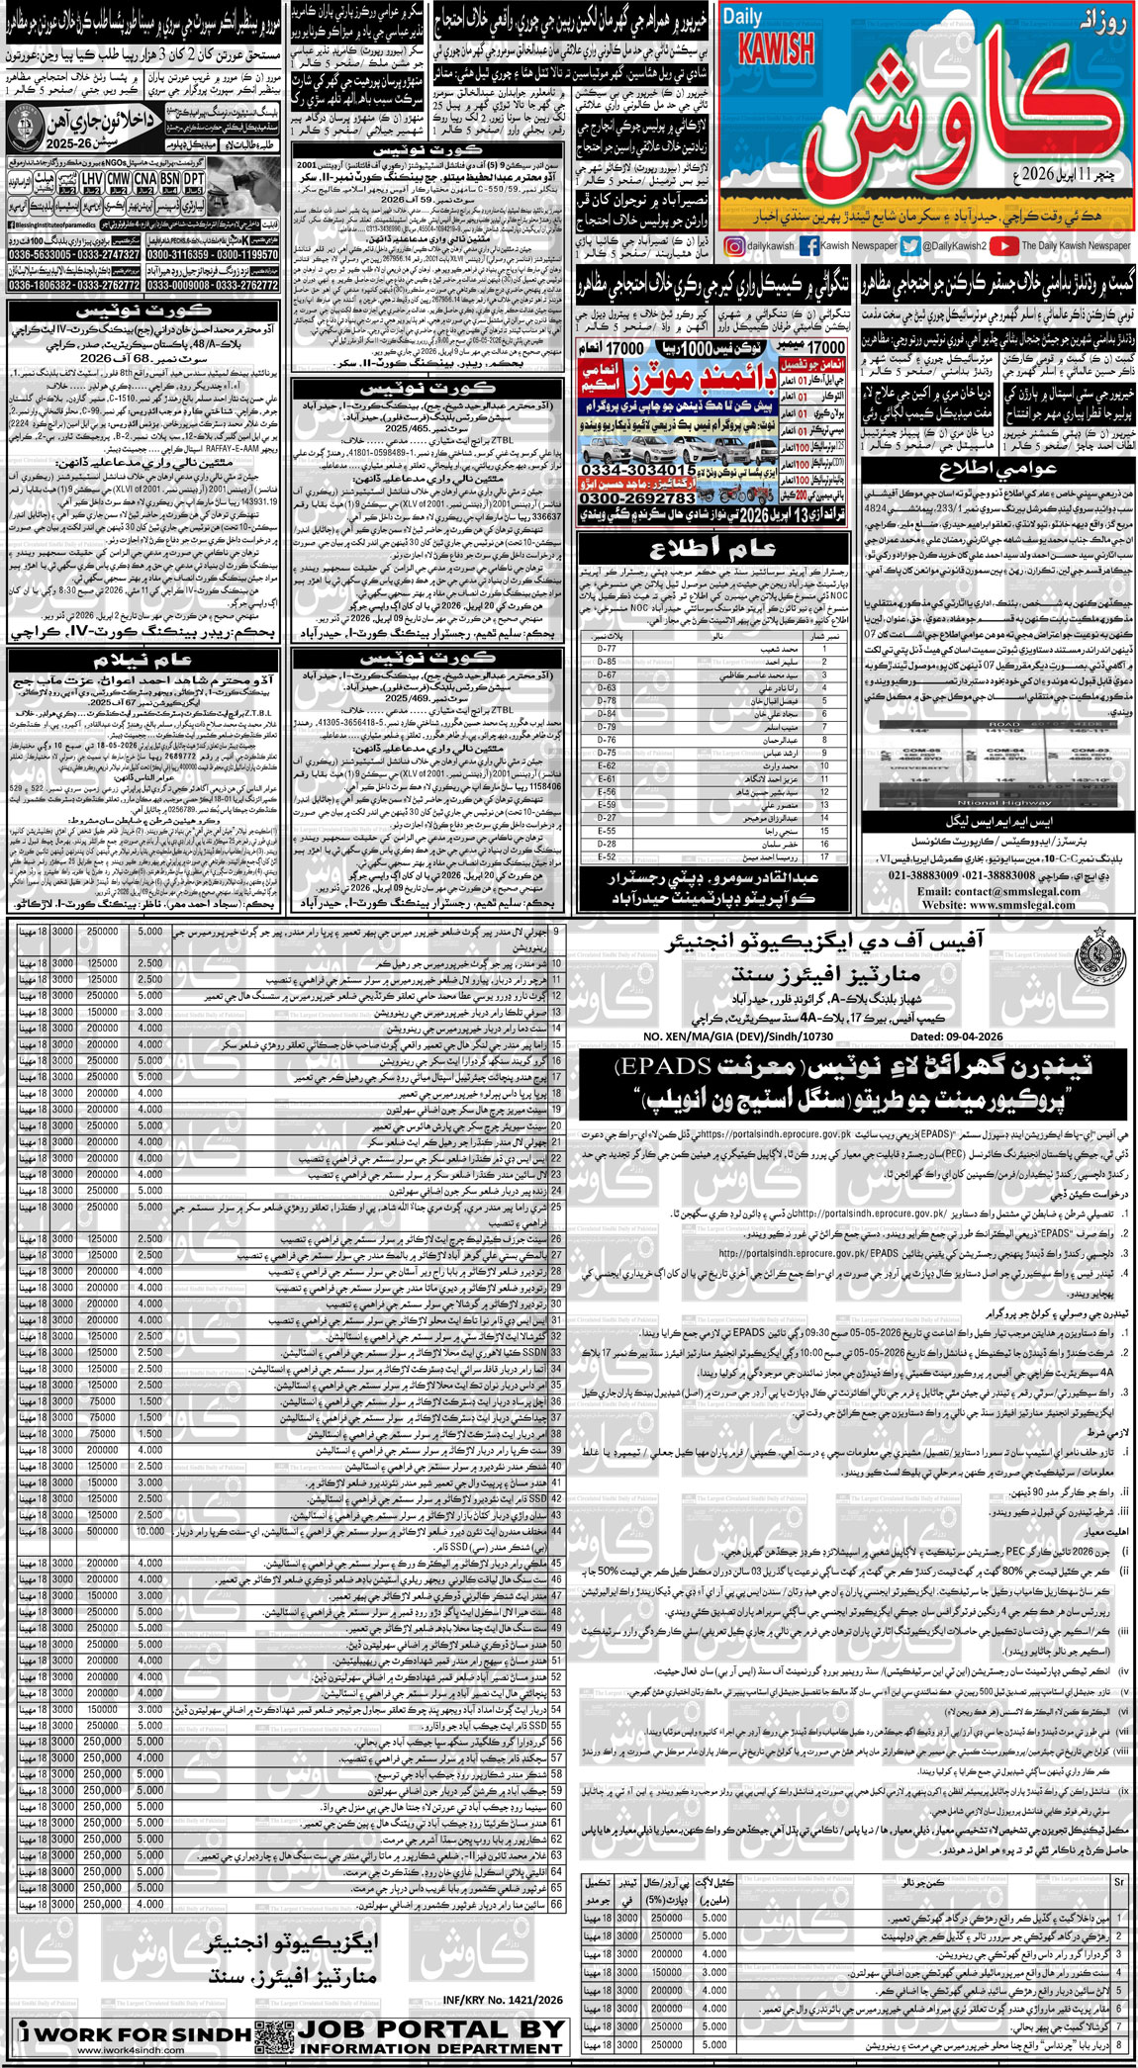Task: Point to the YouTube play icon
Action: [1002, 246]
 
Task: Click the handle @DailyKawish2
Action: [954, 246]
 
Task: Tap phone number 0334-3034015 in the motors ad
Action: [637, 469]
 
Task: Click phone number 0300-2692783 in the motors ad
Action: [637, 498]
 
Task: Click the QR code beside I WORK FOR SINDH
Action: [273, 2034]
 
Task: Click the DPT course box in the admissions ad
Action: [194, 178]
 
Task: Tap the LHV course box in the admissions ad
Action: [91, 178]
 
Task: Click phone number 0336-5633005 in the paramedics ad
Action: [40, 255]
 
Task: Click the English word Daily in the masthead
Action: [742, 17]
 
